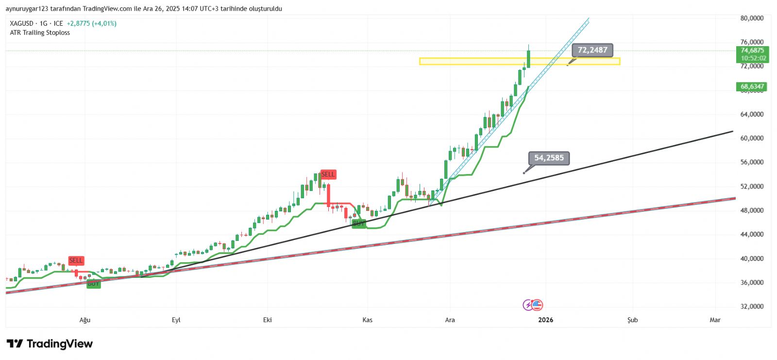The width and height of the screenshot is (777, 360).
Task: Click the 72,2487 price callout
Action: [x=592, y=50]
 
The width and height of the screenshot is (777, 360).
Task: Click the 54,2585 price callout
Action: [x=549, y=158]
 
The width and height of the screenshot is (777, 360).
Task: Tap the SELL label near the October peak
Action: [x=328, y=174]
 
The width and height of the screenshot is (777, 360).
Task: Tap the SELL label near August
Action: [x=76, y=261]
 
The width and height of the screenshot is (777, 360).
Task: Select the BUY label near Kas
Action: [x=358, y=223]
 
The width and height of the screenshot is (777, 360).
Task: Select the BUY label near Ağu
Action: [x=93, y=284]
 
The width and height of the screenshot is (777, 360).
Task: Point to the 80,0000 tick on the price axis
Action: [x=752, y=18]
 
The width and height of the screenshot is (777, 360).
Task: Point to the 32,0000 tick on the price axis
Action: [x=752, y=307]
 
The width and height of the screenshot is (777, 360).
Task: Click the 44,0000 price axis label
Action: [x=752, y=235]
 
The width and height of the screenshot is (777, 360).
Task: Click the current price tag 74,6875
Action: [x=752, y=51]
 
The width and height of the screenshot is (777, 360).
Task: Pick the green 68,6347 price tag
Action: [x=752, y=87]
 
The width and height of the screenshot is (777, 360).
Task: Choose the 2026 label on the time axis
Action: [x=546, y=320]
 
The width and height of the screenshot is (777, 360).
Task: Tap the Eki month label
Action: [x=267, y=320]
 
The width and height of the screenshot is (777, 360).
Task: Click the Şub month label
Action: [x=632, y=320]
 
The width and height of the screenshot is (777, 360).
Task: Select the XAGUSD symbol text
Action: [x=21, y=23]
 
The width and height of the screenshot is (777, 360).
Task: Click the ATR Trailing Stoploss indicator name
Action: [x=40, y=33]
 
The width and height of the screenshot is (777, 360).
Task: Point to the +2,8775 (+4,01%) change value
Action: [x=91, y=23]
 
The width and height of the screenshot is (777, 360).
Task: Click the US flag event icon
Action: [x=537, y=305]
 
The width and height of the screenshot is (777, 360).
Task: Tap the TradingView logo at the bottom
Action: [x=50, y=344]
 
